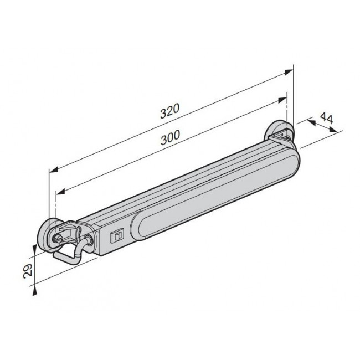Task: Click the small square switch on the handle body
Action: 116,236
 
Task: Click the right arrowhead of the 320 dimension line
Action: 289,73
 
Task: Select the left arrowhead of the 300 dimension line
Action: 60,193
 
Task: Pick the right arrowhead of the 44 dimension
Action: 335,130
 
